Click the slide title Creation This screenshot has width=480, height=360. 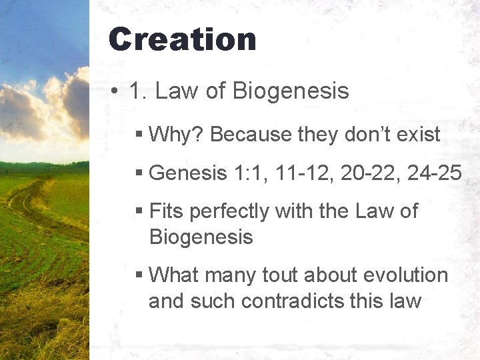(x=182, y=39)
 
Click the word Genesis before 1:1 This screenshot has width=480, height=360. (x=188, y=173)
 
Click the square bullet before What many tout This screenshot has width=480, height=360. (x=139, y=275)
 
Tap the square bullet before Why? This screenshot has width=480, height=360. (x=139, y=135)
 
